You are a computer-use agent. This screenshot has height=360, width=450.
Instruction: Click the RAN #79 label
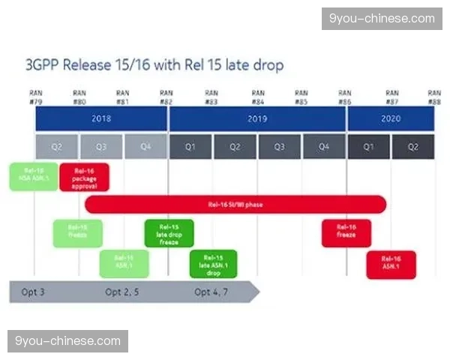35,97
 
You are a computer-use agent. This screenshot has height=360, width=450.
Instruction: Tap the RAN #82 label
168,97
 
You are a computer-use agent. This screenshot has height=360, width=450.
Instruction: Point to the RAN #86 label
345,97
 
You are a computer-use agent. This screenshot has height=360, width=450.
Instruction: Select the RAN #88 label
434,97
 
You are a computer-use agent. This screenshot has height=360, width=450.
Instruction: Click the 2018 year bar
101,118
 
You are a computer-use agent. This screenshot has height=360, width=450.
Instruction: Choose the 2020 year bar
391,118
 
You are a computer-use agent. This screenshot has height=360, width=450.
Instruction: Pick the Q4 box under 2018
145,146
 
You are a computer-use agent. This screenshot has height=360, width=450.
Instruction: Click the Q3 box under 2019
280,146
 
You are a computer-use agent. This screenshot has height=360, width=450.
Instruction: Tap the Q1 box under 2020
368,146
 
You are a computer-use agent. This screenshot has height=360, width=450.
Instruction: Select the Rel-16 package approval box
84,177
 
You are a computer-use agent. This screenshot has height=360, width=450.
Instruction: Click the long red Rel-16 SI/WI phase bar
235,204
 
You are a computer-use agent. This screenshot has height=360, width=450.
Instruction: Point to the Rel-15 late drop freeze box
169,233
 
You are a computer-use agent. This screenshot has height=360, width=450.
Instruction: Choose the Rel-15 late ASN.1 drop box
213,264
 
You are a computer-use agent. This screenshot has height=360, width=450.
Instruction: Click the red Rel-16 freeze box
346,233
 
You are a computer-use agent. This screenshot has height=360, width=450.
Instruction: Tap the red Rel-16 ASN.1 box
391,264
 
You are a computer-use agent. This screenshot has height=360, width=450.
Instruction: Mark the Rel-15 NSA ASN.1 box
34,177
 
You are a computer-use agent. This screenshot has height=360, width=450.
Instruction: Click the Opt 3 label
34,292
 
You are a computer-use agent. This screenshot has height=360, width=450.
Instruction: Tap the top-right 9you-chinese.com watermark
381,19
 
